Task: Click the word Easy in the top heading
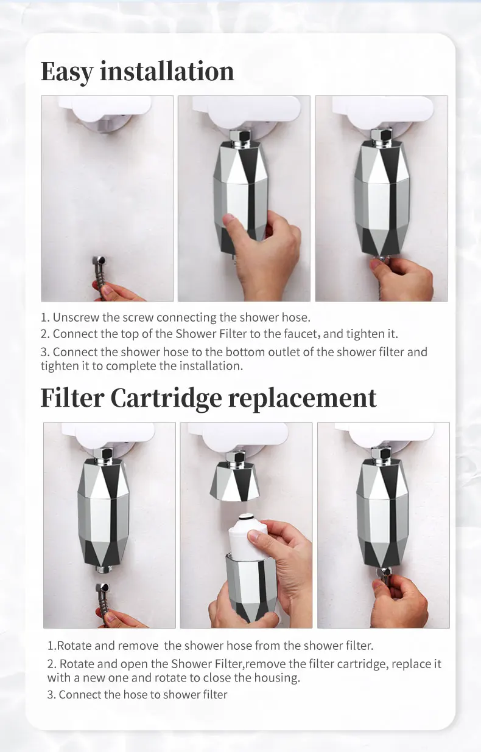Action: click(66, 72)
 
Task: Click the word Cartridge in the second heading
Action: click(166, 399)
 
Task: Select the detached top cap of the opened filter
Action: click(235, 481)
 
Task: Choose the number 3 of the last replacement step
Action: click(50, 695)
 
